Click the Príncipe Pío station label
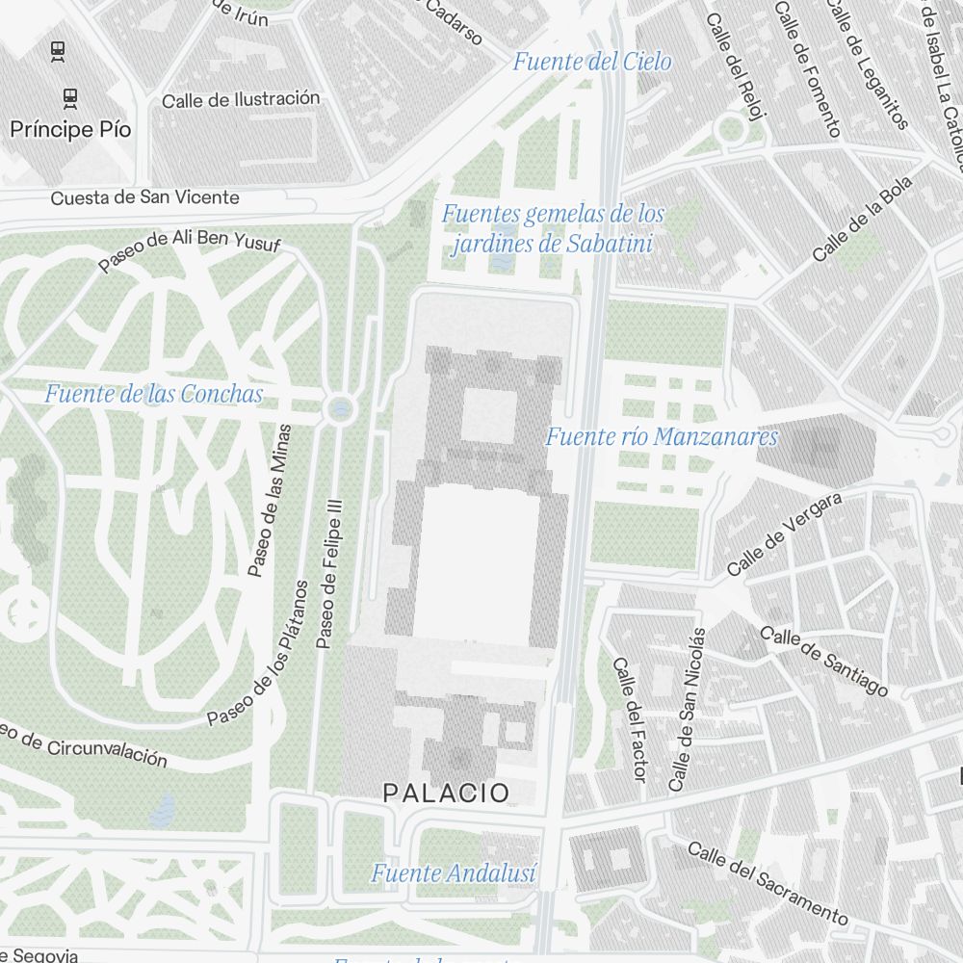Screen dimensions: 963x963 [x=70, y=129]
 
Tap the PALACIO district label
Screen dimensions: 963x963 [x=446, y=793]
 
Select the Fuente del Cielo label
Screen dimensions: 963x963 [x=591, y=62]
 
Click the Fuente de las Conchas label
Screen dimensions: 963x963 [x=153, y=394]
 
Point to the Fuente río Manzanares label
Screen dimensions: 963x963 [x=662, y=436]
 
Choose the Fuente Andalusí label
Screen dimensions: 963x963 [x=454, y=873]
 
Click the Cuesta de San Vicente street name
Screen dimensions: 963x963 [x=144, y=197]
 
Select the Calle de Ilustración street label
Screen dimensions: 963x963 [x=241, y=99]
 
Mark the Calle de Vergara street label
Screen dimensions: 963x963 [x=785, y=534]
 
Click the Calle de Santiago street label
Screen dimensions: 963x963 [x=823, y=662]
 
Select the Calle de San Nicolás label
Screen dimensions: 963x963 [x=689, y=710]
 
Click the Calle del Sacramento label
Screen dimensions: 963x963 [x=768, y=880]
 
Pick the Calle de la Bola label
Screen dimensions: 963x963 [x=862, y=221]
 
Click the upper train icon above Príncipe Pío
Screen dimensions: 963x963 [x=58, y=51]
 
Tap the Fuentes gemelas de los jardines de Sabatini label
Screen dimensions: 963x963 [x=553, y=228]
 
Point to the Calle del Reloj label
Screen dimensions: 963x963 [x=735, y=65]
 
